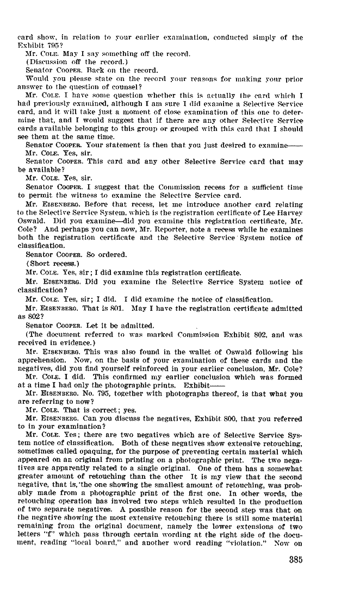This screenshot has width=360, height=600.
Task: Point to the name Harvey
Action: click(289, 212)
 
